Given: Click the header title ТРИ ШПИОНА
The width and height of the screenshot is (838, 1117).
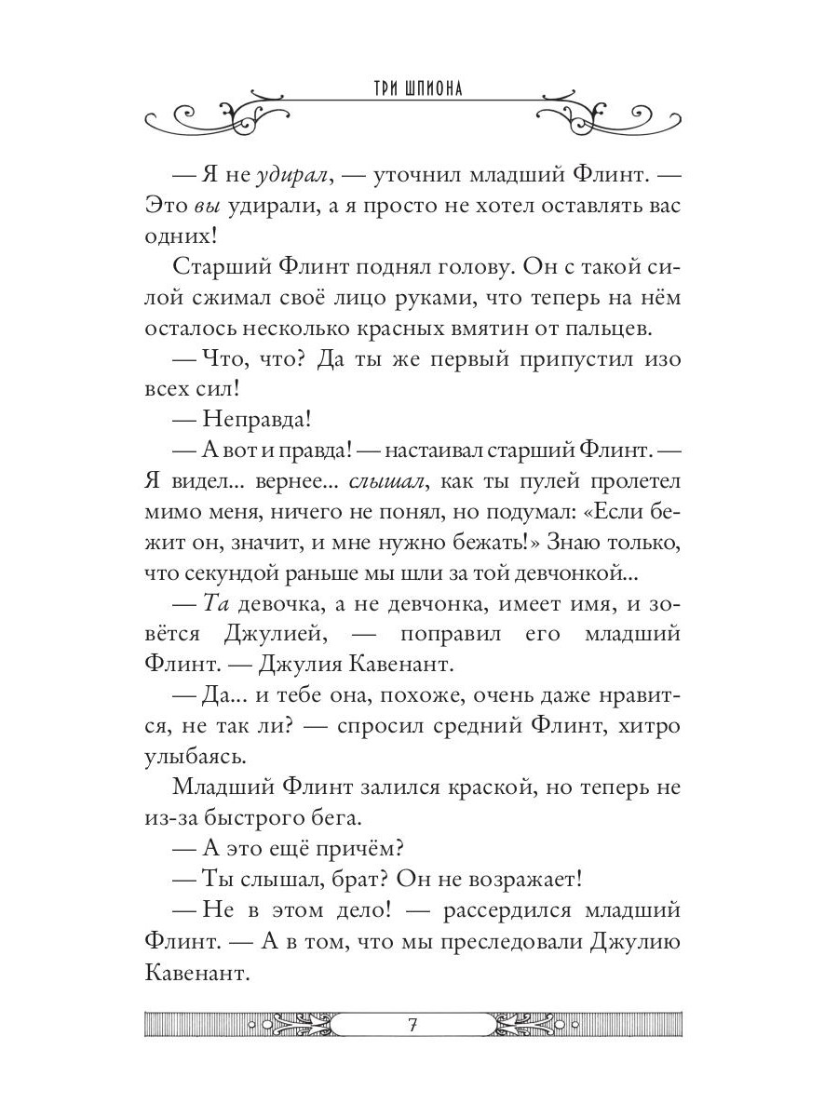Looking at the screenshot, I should pos(418,89).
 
